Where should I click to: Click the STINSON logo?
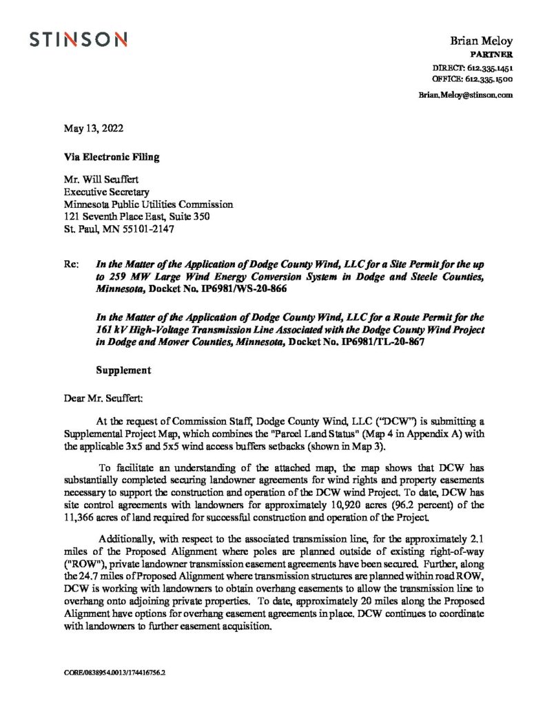(78, 41)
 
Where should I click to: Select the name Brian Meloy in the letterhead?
(480, 41)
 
